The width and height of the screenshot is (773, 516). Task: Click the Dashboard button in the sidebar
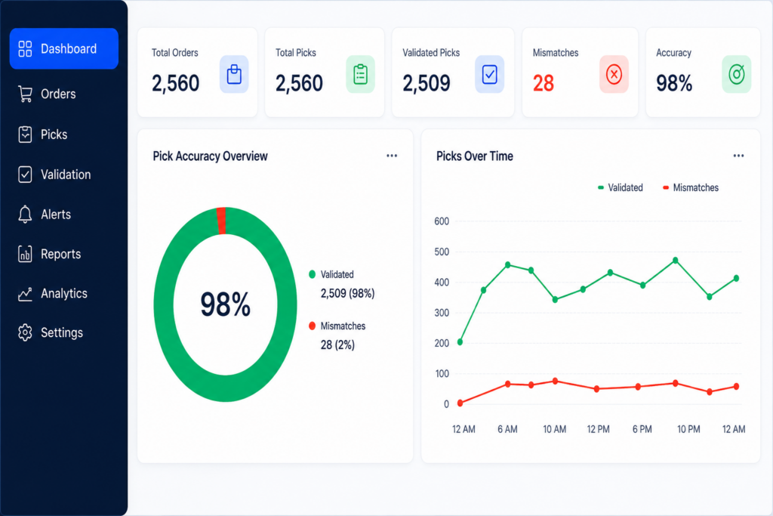tap(63, 48)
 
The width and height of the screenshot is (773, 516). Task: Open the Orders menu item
tap(47, 94)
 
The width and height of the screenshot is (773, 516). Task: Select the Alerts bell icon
tap(25, 214)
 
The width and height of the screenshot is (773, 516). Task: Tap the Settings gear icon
tap(25, 332)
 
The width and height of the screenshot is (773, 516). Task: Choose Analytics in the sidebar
tap(53, 294)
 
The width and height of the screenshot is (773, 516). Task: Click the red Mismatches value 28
tap(544, 83)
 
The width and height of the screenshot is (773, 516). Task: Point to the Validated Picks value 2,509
tap(427, 83)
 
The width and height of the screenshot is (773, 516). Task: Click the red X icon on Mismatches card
tap(614, 75)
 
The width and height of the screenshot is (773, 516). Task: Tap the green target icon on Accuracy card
tap(737, 75)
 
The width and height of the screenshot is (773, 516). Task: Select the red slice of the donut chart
tap(221, 221)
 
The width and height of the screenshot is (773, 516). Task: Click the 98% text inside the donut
tap(225, 304)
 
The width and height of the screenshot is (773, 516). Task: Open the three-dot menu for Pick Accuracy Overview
tap(392, 156)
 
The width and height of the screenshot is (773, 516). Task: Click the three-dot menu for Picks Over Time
tap(738, 156)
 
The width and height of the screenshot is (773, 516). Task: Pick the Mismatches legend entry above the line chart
tap(691, 187)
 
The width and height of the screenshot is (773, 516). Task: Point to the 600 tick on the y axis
tap(442, 221)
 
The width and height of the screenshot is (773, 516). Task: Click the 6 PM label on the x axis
tap(642, 429)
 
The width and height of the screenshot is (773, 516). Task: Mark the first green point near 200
tap(460, 342)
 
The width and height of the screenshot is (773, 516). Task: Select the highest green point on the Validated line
tap(676, 260)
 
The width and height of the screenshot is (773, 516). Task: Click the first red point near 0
tap(460, 403)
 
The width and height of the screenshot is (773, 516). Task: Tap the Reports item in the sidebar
tap(49, 254)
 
